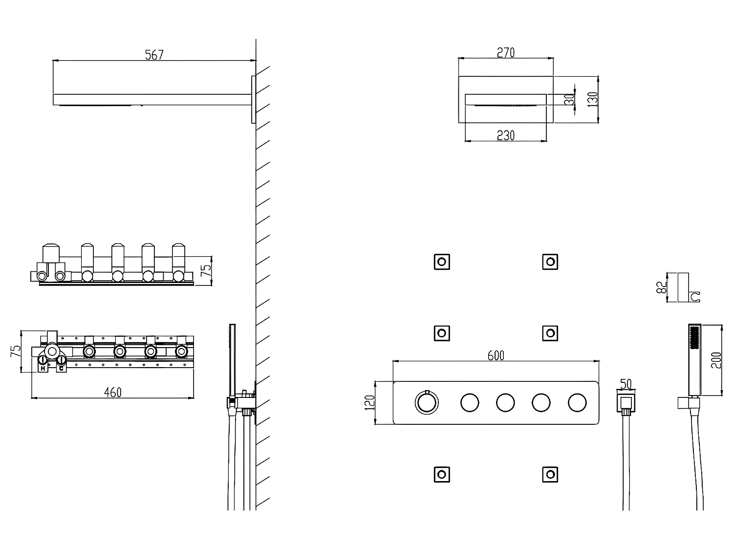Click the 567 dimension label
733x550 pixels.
pyautogui.click(x=154, y=55)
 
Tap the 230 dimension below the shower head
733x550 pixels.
pyautogui.click(x=506, y=135)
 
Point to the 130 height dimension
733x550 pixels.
pyautogui.click(x=593, y=100)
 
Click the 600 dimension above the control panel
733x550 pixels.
pyautogui.click(x=496, y=356)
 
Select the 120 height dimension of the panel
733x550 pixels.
pyautogui.click(x=370, y=402)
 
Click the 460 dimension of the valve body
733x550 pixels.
pyautogui.click(x=112, y=392)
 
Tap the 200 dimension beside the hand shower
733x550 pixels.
pyautogui.click(x=717, y=360)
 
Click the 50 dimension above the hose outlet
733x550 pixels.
pyautogui.click(x=625, y=383)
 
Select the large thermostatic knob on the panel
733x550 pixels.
pyautogui.click(x=427, y=403)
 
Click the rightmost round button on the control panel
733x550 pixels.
pyautogui.click(x=577, y=403)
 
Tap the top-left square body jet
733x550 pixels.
pyautogui.click(x=442, y=262)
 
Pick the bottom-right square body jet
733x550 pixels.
pyautogui.click(x=550, y=474)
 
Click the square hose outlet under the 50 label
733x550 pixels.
pyautogui.click(x=625, y=404)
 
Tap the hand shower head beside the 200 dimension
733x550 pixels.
pyautogui.click(x=694, y=359)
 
